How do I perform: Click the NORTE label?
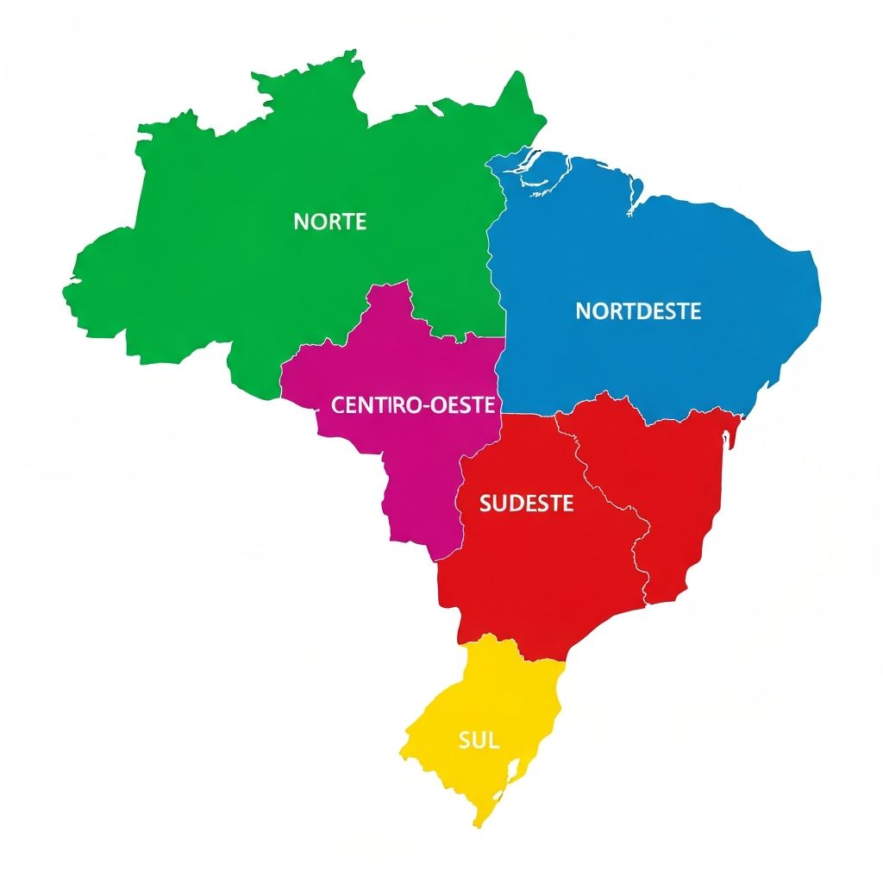330,222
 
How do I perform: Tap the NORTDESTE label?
638,310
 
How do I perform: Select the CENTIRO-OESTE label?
413,404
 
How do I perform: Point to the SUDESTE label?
526,504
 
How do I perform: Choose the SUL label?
479,740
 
